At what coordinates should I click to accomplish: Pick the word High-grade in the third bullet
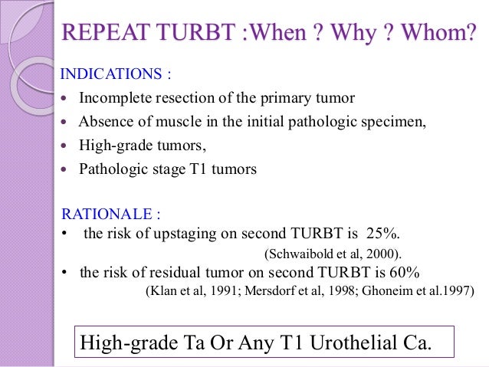(x=113, y=145)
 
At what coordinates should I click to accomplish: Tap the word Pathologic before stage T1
(x=112, y=168)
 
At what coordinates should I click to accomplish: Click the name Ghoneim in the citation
(x=383, y=291)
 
